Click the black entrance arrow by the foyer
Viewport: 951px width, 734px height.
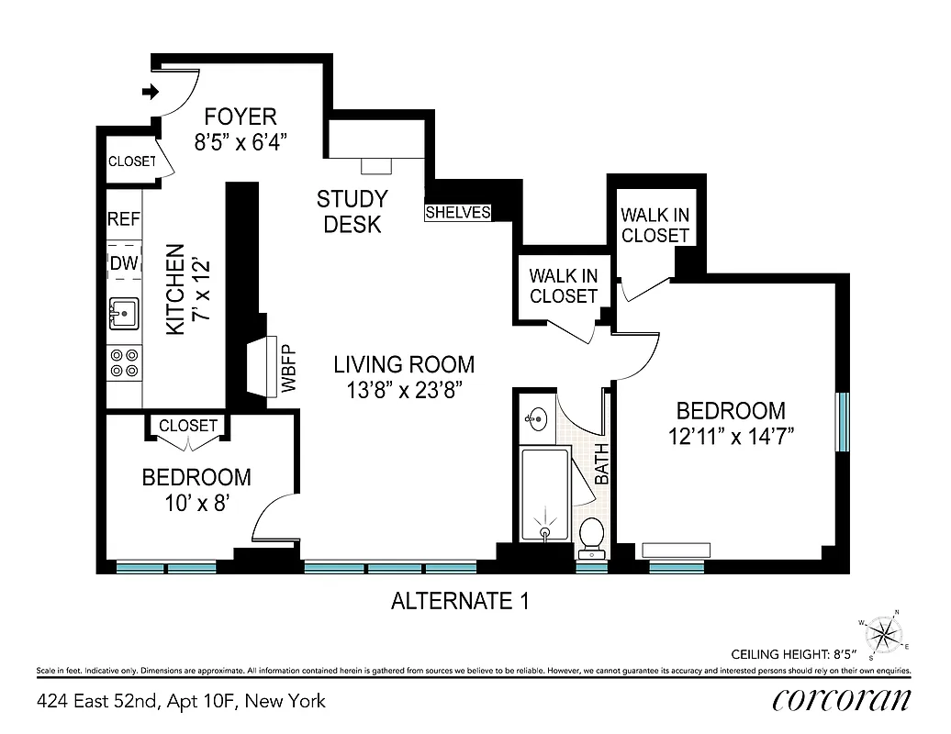[150, 92]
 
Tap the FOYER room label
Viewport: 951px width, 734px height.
[241, 117]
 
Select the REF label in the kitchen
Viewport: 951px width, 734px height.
[124, 219]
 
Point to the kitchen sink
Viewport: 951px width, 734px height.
[123, 313]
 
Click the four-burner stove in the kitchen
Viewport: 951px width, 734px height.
[123, 362]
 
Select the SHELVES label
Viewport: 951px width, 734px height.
[457, 213]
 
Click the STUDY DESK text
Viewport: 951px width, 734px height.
[352, 211]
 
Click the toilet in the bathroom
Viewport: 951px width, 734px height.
[592, 536]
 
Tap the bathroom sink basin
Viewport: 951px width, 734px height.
[536, 418]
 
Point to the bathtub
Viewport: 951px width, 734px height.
[545, 495]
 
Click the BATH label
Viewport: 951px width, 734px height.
[602, 463]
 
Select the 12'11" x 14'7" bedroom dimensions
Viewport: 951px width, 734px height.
[731, 436]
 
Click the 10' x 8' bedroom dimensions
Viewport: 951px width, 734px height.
[196, 503]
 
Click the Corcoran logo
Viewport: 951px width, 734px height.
[842, 700]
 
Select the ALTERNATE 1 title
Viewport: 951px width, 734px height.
[460, 602]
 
